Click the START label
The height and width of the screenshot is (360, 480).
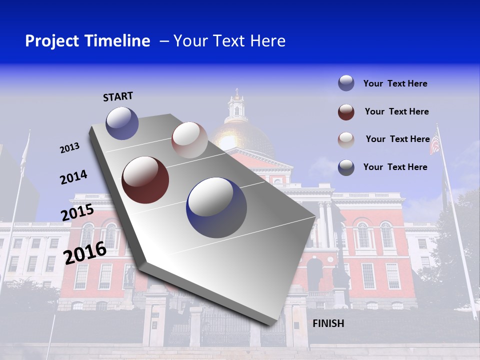click(x=118, y=96)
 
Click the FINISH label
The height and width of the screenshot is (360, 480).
click(x=328, y=323)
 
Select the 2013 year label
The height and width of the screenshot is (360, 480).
click(x=69, y=148)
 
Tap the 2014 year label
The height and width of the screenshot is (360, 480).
click(x=73, y=177)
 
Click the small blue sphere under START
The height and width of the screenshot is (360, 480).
click(x=122, y=123)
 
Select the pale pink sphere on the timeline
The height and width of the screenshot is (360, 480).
click(x=189, y=140)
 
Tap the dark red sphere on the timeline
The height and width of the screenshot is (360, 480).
click(x=145, y=180)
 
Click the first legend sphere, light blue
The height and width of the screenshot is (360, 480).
click(x=346, y=83)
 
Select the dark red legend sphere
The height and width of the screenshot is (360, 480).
click(x=346, y=112)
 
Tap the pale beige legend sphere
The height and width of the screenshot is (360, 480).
click(x=346, y=139)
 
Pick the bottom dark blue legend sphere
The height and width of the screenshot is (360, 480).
click(x=346, y=167)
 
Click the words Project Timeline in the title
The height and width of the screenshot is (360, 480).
click(x=87, y=41)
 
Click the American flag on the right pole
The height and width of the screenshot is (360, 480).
click(x=435, y=144)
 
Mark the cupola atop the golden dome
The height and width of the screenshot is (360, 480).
click(x=236, y=105)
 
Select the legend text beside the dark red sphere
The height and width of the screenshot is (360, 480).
click(x=396, y=111)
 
